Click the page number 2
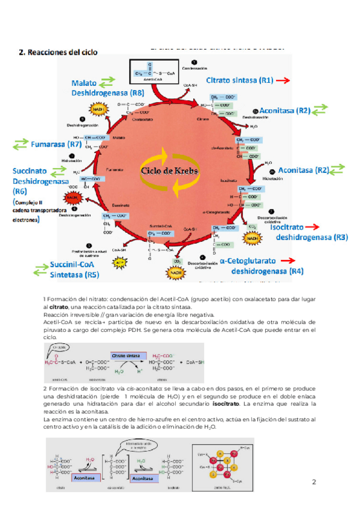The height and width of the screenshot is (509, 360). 314,482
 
